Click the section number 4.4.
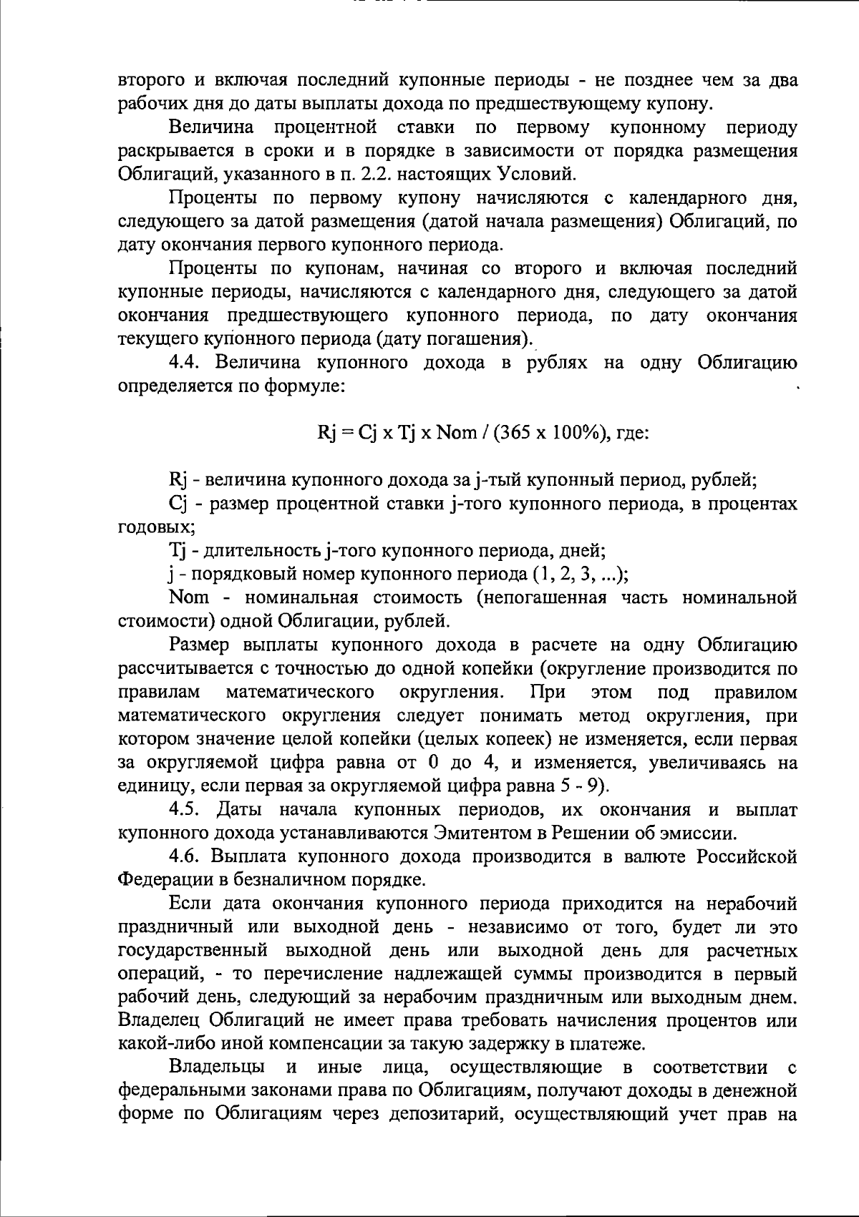pos(185,363)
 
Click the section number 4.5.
pos(185,810)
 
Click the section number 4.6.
pos(185,857)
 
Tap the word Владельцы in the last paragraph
pos(218,1068)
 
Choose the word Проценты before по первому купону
pos(213,198)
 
